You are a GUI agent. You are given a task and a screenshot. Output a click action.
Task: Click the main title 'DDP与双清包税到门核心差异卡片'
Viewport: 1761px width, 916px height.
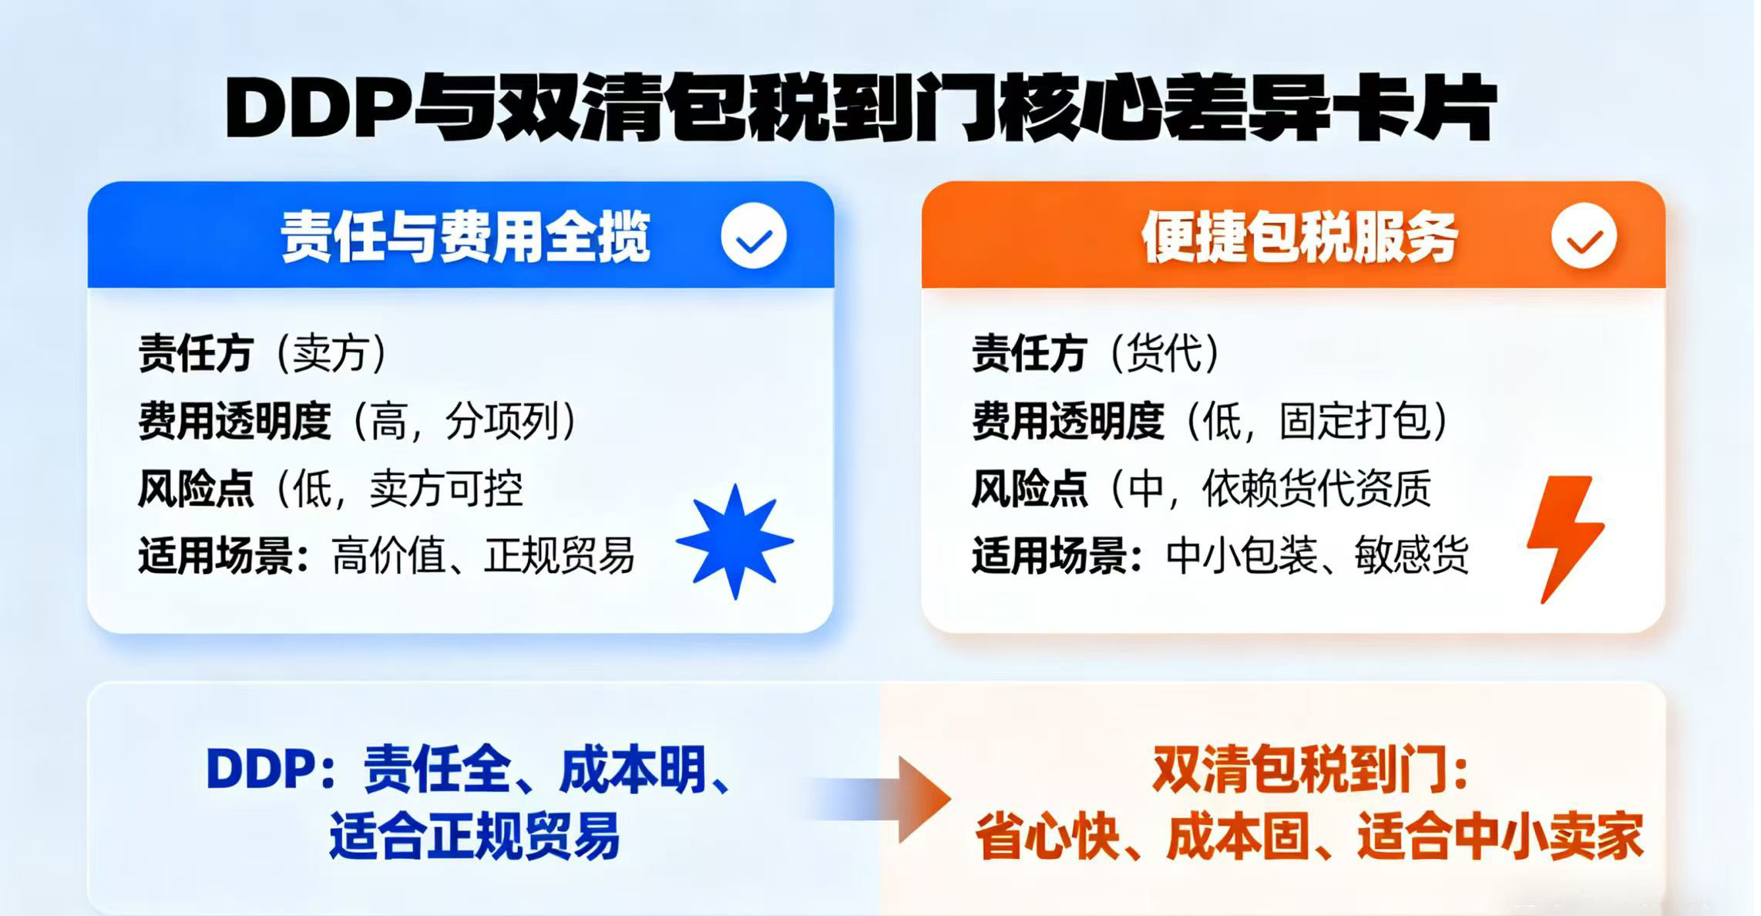click(860, 108)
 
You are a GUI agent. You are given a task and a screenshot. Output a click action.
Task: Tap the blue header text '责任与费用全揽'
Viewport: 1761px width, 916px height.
click(465, 237)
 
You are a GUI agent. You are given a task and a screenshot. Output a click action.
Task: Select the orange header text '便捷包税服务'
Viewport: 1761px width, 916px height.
click(1299, 237)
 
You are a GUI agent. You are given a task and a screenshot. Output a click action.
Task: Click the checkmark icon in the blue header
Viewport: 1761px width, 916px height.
click(754, 237)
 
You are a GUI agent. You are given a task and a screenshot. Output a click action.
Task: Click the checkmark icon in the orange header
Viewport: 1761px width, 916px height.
click(1584, 237)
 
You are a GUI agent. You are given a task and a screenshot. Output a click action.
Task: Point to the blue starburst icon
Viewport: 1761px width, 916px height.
click(735, 541)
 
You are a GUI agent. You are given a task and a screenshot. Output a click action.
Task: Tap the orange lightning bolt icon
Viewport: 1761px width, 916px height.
click(1564, 538)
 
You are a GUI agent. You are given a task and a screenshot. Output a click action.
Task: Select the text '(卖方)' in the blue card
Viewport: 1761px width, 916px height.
click(330, 354)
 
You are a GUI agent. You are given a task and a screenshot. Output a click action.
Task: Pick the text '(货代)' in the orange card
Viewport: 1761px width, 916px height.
click(1164, 354)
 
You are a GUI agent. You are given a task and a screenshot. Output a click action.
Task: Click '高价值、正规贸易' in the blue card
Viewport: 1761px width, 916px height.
click(483, 556)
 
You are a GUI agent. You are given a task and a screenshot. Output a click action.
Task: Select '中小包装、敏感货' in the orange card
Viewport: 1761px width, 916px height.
click(1317, 556)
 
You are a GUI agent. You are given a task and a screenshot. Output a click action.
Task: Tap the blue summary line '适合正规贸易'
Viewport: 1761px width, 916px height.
click(475, 836)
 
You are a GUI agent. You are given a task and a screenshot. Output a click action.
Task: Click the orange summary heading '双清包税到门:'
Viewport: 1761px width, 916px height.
click(1311, 770)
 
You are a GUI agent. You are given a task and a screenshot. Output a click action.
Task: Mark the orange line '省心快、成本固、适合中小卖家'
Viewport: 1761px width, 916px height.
click(1309, 836)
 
